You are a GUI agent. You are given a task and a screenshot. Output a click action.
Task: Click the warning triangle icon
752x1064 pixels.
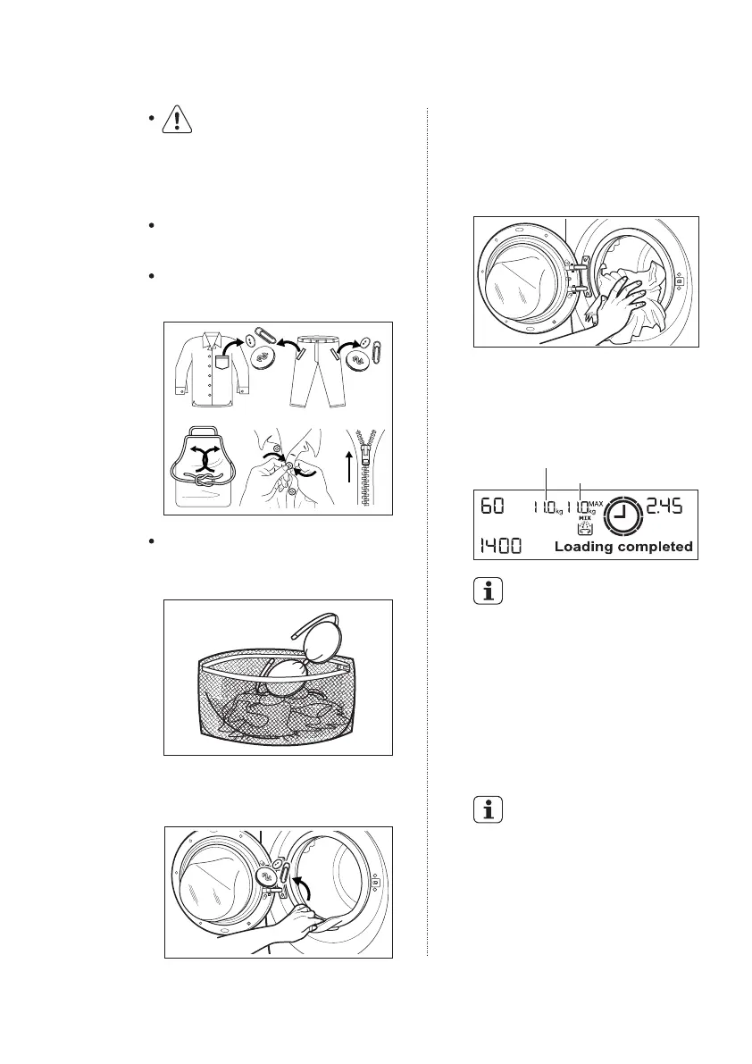pyautogui.click(x=177, y=122)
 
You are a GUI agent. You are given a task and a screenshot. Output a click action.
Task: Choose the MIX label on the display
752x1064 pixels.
pyautogui.click(x=585, y=517)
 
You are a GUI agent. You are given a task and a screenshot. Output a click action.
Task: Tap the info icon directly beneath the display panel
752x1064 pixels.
pyautogui.click(x=488, y=592)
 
